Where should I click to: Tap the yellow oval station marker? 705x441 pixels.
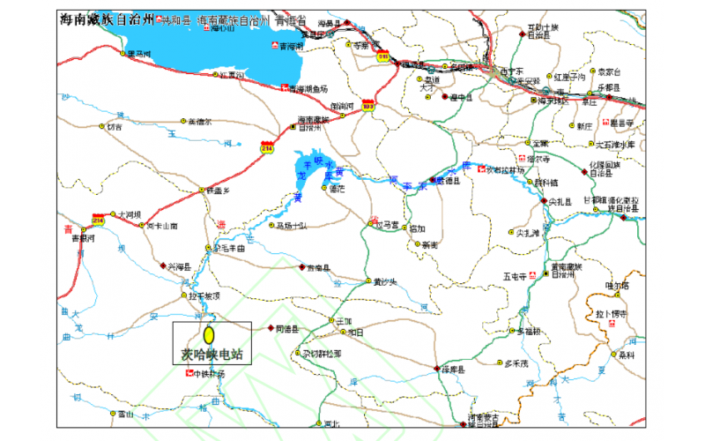210,335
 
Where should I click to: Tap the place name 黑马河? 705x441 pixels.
140,55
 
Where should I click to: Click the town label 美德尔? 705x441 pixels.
199,122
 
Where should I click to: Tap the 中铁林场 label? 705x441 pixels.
210,374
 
